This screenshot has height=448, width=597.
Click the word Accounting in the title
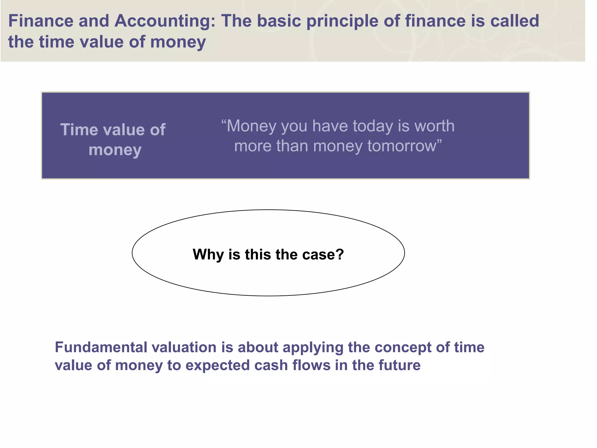[x=165, y=21]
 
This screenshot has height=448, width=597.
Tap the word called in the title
[x=515, y=21]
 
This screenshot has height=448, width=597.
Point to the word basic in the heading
[x=279, y=21]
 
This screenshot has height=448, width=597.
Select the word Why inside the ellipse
[x=208, y=254]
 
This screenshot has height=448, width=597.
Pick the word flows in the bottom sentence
[x=311, y=365]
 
